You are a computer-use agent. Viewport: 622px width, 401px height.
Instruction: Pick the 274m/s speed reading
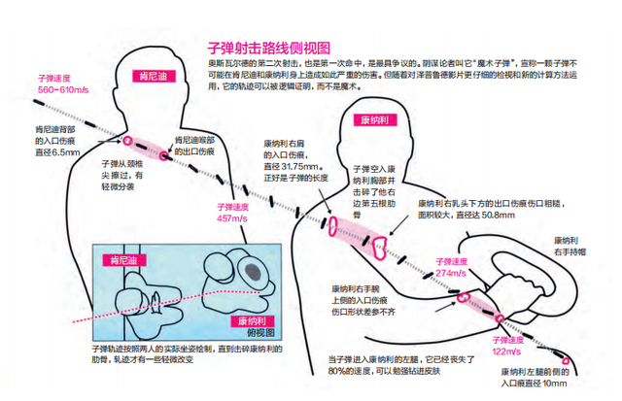click(453, 273)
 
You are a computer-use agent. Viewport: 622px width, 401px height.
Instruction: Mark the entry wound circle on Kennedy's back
click(124, 139)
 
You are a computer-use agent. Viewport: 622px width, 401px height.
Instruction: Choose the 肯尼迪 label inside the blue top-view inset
click(123, 259)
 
